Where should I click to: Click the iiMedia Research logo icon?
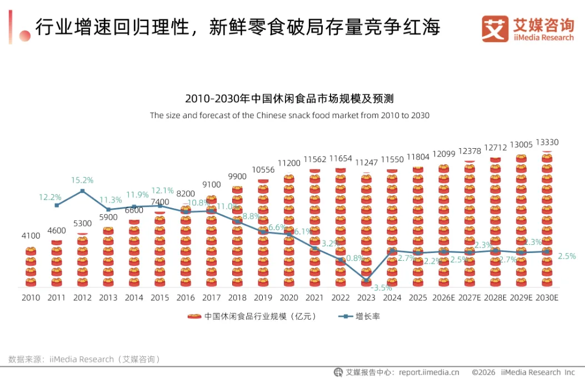[494, 28]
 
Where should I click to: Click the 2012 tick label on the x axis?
[82, 298]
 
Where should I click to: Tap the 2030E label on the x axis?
[547, 298]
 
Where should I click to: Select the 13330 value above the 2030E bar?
[547, 143]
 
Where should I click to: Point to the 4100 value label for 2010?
[31, 235]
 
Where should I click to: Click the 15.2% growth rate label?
[82, 180]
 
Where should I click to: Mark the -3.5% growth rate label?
[381, 287]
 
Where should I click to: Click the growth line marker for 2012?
[82, 191]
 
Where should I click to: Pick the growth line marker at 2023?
[366, 280]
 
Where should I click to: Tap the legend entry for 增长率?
[359, 316]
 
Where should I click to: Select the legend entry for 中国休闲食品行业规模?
[252, 316]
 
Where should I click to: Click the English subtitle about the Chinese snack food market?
[289, 115]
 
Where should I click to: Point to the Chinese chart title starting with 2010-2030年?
[289, 99]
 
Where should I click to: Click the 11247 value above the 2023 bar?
[366, 163]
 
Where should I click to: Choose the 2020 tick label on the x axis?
[289, 298]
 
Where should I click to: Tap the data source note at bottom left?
[84, 359]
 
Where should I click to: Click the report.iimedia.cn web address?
[429, 372]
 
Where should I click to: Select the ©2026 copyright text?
[483, 372]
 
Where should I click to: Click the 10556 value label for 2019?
[263, 170]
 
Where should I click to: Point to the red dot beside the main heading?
[25, 36]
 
